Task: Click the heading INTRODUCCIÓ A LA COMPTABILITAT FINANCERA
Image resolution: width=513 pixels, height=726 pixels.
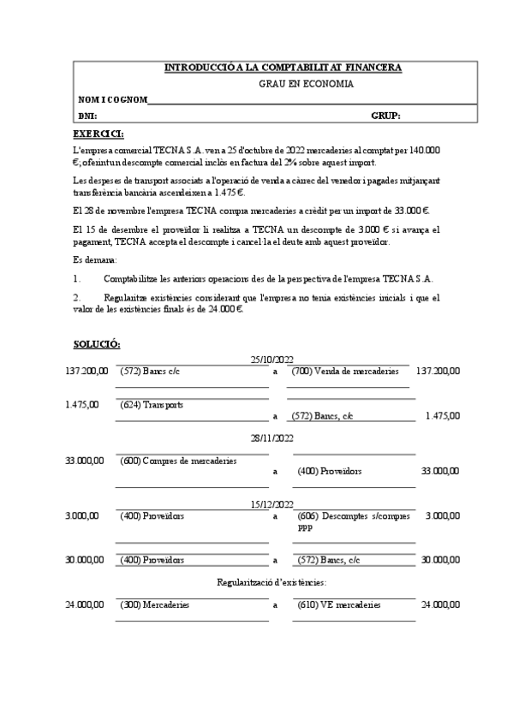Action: [x=282, y=68]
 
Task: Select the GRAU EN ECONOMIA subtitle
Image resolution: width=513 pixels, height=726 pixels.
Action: [x=306, y=84]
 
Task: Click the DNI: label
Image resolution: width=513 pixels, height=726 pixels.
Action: [x=87, y=116]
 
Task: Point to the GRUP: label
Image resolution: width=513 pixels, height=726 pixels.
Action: [x=385, y=116]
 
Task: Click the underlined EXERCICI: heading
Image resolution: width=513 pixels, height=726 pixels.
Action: [x=98, y=134]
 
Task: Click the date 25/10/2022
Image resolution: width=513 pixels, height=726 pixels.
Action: [x=272, y=359]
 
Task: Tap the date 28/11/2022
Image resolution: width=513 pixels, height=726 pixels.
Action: [x=272, y=437]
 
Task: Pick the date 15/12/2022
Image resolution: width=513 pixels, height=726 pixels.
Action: [x=272, y=504]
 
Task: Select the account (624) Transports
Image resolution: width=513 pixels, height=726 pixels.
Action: [x=152, y=404]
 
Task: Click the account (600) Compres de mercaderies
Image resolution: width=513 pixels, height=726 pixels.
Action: [x=178, y=461]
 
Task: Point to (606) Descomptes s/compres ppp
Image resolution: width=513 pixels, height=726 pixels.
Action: [x=353, y=521]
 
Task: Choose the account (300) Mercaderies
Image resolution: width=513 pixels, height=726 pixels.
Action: [x=154, y=604]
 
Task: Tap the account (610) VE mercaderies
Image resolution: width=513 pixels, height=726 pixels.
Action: [x=338, y=604]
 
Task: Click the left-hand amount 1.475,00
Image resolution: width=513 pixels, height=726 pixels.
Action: [x=81, y=404]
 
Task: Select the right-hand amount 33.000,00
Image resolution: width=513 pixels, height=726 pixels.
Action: [x=440, y=472]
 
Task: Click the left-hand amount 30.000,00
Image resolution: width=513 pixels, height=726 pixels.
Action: [x=85, y=560]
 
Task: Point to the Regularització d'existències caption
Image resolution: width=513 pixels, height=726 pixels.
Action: [x=271, y=583]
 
